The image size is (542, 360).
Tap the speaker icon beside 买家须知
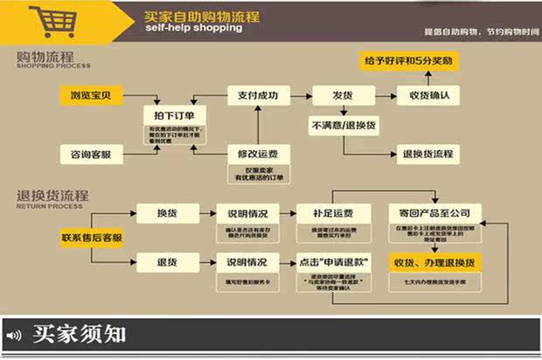(x=14, y=335)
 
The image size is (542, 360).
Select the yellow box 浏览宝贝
(x=91, y=93)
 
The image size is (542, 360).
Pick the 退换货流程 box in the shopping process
(x=427, y=154)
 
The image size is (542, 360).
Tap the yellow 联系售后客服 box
(x=91, y=237)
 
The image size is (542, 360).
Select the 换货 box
(x=167, y=213)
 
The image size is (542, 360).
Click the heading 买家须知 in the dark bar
(x=79, y=334)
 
